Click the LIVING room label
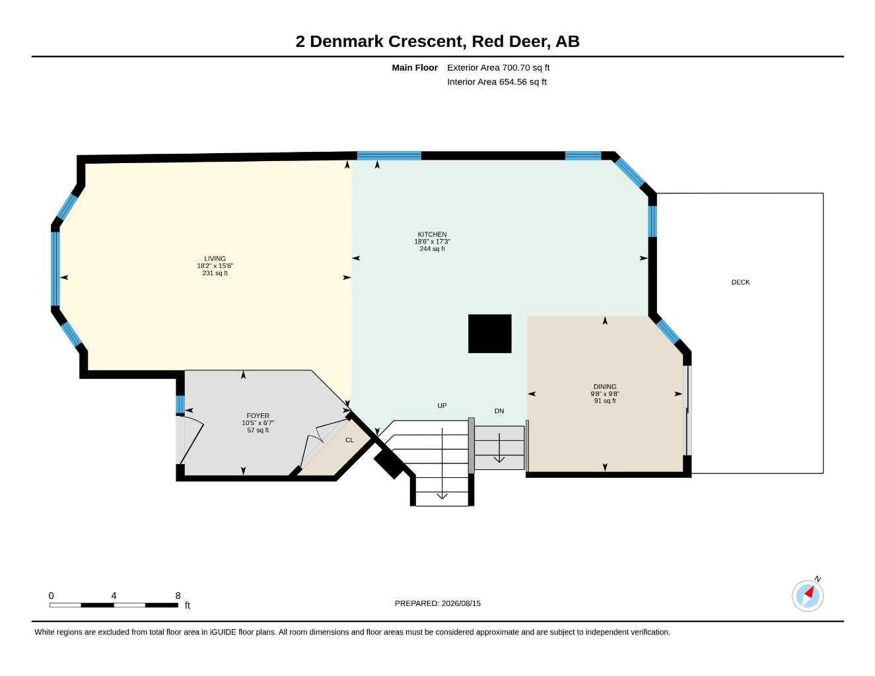(215, 259)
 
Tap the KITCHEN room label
(432, 234)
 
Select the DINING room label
(605, 387)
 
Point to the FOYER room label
(258, 416)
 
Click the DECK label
(740, 283)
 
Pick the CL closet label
(349, 440)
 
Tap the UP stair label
(442, 405)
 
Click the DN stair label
(499, 411)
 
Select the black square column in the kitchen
(489, 333)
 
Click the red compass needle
(809, 593)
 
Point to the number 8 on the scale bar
(178, 595)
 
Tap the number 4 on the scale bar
(114, 595)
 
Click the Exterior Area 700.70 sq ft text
(498, 67)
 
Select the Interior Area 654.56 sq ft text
(497, 82)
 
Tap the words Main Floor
(415, 67)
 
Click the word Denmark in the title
(347, 42)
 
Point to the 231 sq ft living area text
(215, 273)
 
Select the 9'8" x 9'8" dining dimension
(605, 394)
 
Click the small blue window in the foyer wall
(180, 405)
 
